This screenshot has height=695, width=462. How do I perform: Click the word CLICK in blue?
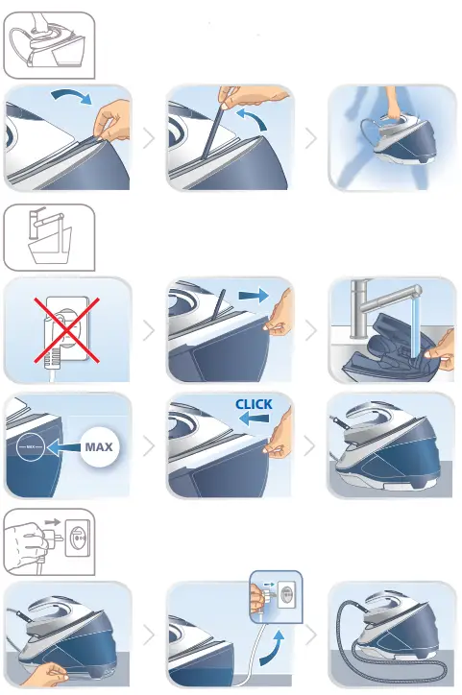(254, 404)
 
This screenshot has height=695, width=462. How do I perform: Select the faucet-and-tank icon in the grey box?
(50, 236)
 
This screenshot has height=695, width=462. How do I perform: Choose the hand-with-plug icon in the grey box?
(50, 540)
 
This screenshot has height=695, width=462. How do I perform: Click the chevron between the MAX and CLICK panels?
(148, 446)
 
